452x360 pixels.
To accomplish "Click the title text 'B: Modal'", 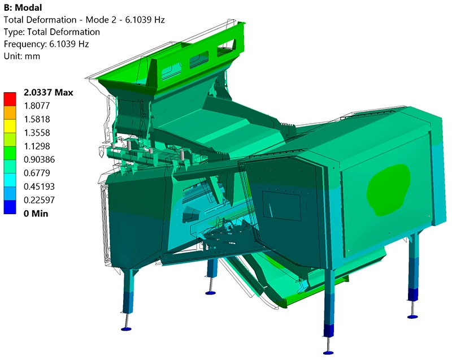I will (24, 7).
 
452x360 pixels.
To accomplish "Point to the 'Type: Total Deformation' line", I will (52, 32).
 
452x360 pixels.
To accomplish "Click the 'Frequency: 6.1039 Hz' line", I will (46, 44).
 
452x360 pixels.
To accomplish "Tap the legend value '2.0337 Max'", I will (48, 93).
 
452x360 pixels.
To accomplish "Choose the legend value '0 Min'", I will (36, 214).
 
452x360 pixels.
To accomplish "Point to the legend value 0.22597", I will (40, 200).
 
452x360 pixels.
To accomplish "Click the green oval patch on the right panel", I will (389, 185).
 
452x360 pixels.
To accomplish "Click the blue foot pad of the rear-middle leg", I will (211, 293).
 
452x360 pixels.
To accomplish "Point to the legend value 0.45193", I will (40, 186).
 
